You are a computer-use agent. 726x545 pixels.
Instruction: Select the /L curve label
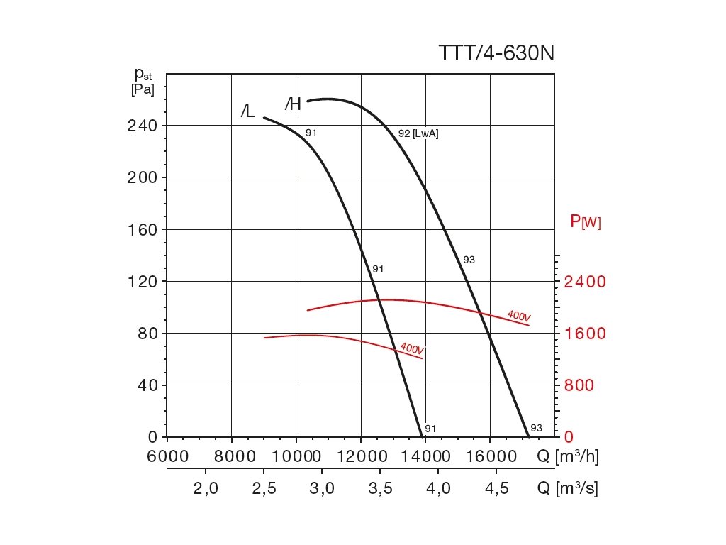click(247, 111)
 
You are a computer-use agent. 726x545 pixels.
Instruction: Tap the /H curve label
click(293, 104)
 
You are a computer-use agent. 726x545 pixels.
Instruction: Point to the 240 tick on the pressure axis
click(142, 126)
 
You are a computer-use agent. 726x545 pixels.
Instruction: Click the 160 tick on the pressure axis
click(142, 229)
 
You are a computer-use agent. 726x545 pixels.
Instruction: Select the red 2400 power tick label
click(585, 282)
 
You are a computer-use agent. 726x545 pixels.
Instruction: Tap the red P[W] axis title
click(585, 222)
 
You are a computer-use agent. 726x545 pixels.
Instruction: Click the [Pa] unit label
click(142, 89)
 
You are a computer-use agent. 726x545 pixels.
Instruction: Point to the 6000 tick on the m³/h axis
click(167, 456)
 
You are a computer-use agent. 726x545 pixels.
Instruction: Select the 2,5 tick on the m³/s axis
click(264, 489)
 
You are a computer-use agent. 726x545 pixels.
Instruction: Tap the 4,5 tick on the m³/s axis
click(495, 489)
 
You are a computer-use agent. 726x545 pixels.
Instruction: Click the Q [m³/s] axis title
click(567, 489)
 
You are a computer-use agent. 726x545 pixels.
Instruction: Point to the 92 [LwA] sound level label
click(418, 133)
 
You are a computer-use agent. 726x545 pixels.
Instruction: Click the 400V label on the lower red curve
click(412, 348)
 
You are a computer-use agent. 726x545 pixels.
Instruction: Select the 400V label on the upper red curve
click(519, 316)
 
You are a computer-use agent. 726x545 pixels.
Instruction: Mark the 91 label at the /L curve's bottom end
click(430, 429)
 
